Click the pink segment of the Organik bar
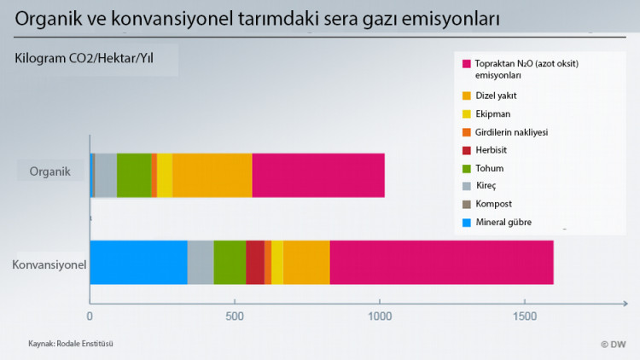[318, 175]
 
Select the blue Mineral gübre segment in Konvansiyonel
[138, 262]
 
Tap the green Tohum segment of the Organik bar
[134, 175]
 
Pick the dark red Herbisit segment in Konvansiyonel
[254, 262]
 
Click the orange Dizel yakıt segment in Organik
[212, 175]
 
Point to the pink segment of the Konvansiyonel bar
[441, 262]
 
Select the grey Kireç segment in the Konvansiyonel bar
[201, 262]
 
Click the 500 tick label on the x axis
[235, 316]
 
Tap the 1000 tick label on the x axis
[380, 316]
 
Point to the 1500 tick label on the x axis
[525, 316]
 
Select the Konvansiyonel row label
[49, 264]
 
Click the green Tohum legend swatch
[467, 168]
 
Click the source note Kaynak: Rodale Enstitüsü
[71, 344]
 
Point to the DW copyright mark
[614, 344]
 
